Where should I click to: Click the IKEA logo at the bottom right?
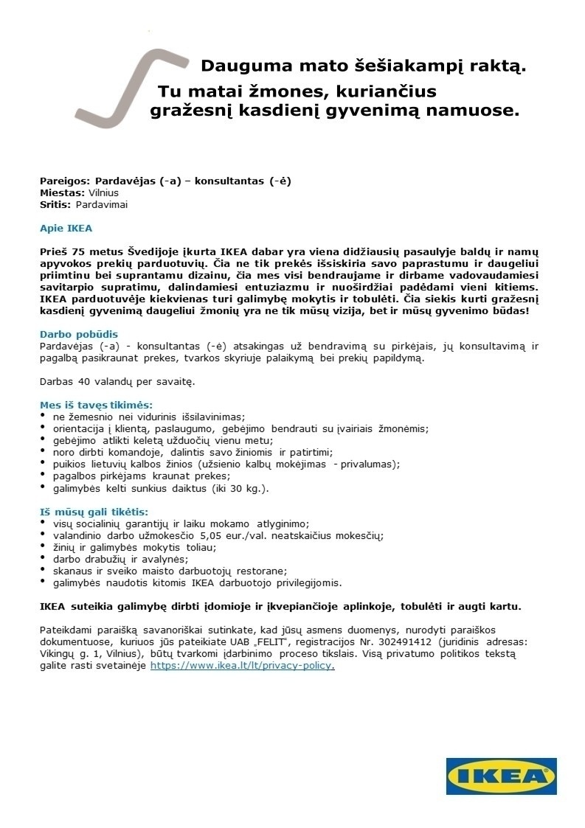501,775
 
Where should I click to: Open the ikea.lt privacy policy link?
242,665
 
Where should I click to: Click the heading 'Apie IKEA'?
66,228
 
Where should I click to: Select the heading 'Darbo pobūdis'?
78,334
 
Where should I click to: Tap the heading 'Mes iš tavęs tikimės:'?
96,405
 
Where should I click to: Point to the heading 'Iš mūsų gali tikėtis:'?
94,511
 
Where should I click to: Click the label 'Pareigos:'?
65,181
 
